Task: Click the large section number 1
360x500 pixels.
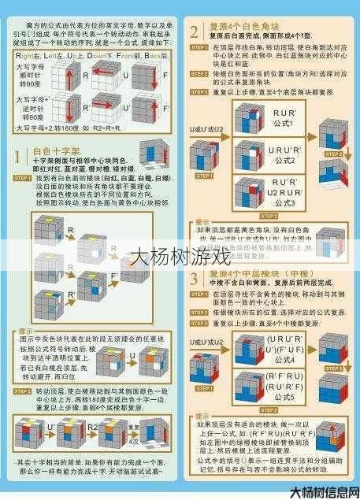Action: [18, 157]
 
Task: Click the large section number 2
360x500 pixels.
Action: [195, 32]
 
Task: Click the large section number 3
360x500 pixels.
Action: [195, 278]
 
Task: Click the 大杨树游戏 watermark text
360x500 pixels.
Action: [179, 257]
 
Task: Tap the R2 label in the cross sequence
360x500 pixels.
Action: [93, 426]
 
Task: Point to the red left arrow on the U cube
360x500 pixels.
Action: [106, 75]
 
